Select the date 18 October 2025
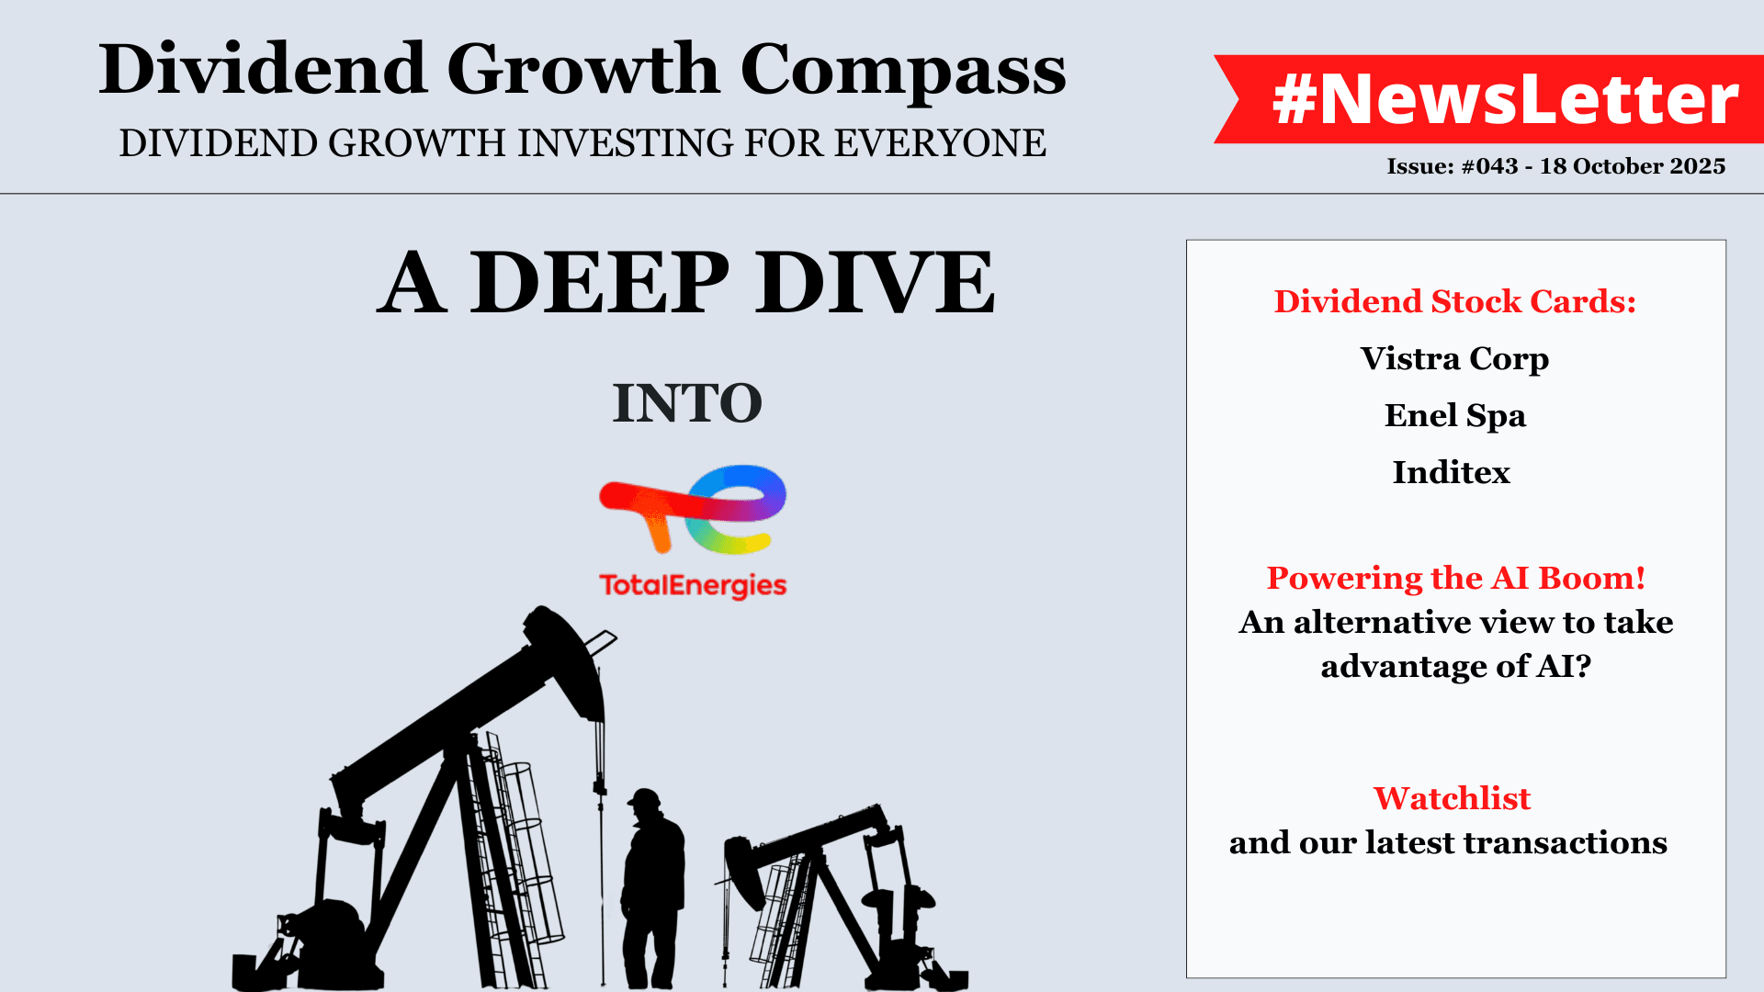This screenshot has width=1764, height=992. (x=1633, y=166)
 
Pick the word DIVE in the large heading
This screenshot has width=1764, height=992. (x=876, y=283)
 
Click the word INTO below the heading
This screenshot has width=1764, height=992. (x=687, y=403)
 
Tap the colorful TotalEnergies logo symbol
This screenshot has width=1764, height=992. (x=693, y=510)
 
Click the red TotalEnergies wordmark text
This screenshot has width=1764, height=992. (x=693, y=586)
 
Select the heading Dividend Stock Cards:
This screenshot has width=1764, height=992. (x=1455, y=301)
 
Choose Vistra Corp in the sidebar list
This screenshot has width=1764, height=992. (x=1455, y=358)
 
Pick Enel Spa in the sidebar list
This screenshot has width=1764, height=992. (x=1455, y=416)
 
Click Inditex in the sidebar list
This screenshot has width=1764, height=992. (x=1452, y=472)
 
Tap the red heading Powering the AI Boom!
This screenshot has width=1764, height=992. (x=1456, y=578)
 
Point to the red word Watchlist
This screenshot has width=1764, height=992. (x=1452, y=798)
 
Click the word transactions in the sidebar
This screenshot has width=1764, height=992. (x=1565, y=842)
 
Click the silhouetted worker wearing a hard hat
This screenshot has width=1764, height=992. (x=652, y=888)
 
